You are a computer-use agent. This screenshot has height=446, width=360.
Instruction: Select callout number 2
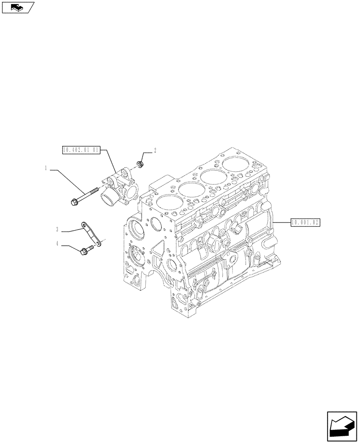(155, 151)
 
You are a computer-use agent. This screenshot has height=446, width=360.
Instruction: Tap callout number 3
(57, 230)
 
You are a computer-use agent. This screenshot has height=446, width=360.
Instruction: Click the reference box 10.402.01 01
(80, 151)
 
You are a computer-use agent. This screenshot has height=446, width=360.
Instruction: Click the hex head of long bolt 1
(74, 203)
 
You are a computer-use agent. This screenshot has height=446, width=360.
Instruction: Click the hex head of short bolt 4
(83, 253)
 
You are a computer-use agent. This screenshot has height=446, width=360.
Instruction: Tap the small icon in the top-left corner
(18, 7)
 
